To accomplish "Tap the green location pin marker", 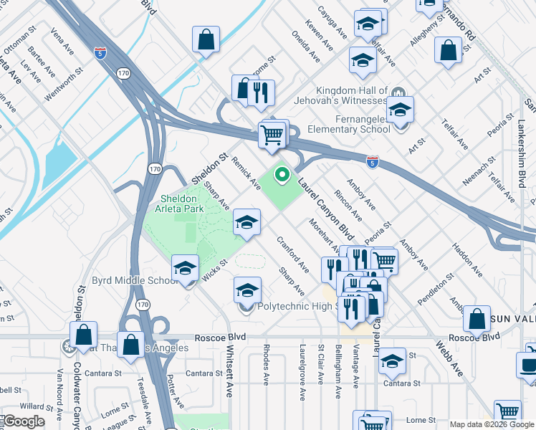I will (282, 174).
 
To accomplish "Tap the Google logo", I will (23, 421).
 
